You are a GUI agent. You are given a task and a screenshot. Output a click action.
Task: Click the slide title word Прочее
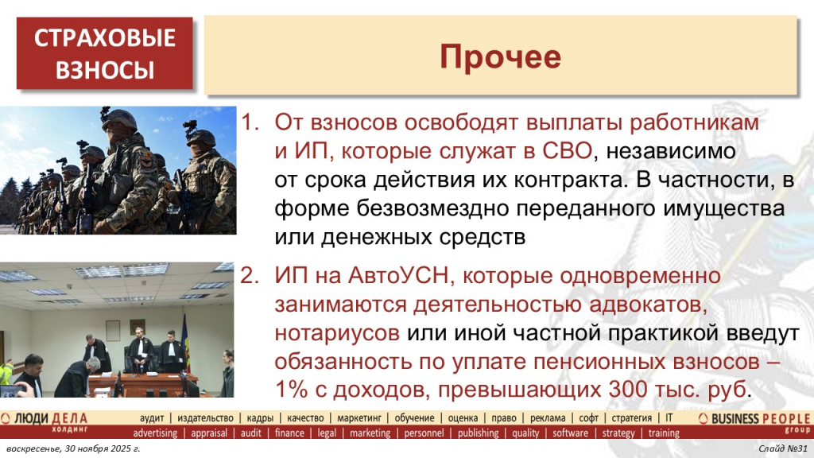[x=501, y=56]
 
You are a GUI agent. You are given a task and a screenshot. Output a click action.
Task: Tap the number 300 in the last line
[x=634, y=390]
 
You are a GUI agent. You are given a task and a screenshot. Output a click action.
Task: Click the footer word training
[x=664, y=433]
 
